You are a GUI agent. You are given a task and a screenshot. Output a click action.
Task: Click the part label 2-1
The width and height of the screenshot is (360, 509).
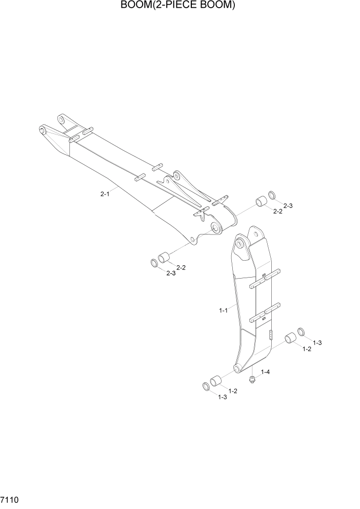105,194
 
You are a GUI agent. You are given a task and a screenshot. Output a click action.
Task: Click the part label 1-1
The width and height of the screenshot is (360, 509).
223,310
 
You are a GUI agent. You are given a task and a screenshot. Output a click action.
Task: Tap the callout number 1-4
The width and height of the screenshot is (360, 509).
266,371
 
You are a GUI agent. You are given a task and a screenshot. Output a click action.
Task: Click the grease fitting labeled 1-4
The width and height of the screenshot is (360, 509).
252,380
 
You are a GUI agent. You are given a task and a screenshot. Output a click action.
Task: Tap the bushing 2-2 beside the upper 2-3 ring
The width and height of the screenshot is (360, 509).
262,201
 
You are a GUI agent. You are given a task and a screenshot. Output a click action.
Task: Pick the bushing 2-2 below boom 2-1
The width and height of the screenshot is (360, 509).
165,257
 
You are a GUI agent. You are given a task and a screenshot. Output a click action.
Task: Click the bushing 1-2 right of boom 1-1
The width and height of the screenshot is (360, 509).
291,339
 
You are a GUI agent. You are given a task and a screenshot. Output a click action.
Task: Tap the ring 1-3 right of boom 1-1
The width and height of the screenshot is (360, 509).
302,332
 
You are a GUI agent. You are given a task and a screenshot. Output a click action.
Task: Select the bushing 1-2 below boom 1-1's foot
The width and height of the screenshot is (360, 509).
216,382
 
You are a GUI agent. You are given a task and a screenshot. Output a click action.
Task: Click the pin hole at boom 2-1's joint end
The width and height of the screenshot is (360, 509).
216,226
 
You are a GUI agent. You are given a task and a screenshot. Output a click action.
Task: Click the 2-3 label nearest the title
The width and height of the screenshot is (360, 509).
288,206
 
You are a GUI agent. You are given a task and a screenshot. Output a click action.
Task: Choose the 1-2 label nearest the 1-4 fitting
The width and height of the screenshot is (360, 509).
232,391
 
